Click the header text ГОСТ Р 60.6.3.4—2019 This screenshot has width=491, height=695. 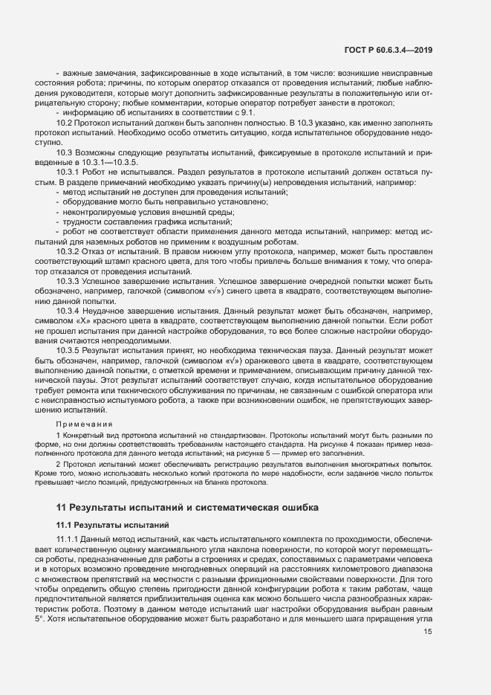[x=389, y=50]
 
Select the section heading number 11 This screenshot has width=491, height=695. [x=62, y=508]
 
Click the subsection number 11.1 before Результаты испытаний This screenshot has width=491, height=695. [x=65, y=526]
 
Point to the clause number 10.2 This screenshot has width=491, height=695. [x=65, y=122]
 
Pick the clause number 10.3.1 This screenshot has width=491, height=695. [x=68, y=171]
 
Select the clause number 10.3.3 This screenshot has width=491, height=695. [x=68, y=282]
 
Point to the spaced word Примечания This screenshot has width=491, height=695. [x=80, y=424]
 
